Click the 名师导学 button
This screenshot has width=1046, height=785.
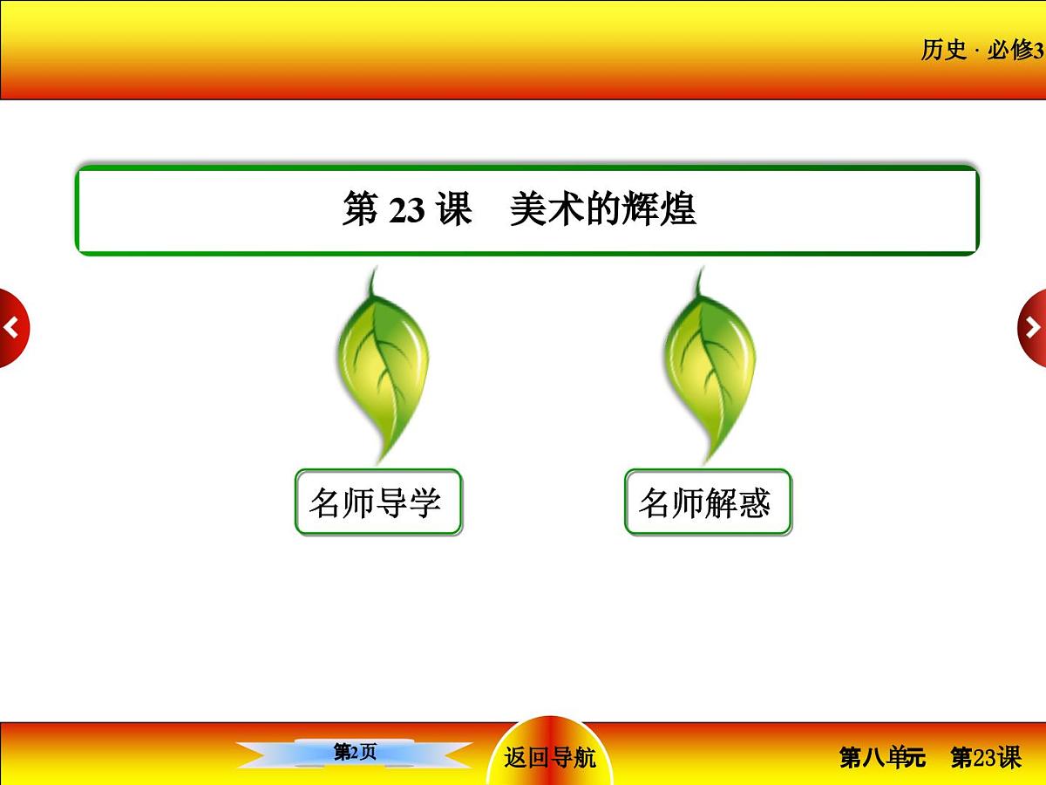tap(377, 502)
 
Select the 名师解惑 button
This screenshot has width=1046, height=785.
tap(707, 502)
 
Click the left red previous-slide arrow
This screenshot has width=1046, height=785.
tap(12, 328)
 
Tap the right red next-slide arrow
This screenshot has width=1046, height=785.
tap(1033, 328)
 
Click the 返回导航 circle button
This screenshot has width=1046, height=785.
tap(550, 756)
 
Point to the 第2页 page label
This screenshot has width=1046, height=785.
tap(356, 752)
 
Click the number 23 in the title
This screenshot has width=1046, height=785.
tap(406, 211)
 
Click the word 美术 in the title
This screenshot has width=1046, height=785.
tap(542, 210)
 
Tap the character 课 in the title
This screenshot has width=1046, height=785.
tap(455, 210)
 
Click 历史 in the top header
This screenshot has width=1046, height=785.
tap(944, 51)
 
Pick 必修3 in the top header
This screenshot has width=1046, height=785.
tap(1015, 51)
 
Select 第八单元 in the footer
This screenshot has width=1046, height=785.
tap(882, 757)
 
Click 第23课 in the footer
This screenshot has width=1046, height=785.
tap(986, 757)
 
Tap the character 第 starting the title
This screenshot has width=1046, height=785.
tap(360, 210)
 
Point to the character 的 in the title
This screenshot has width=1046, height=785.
tap(603, 210)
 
